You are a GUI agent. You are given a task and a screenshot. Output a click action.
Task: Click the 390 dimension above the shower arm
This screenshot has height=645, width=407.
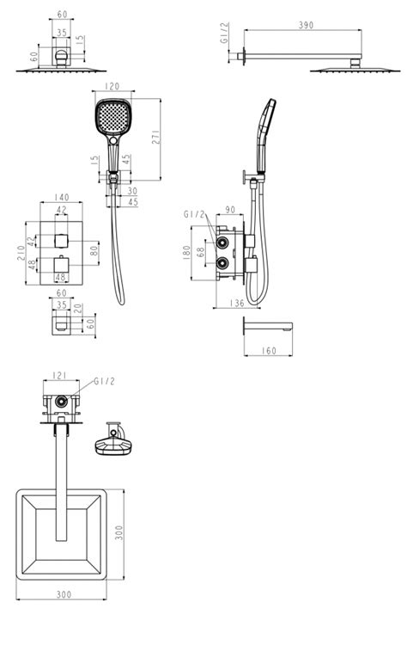[306, 25]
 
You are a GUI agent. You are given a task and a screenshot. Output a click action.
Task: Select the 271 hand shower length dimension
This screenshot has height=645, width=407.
[156, 137]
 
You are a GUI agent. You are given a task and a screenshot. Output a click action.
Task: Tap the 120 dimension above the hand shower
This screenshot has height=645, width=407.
[112, 86]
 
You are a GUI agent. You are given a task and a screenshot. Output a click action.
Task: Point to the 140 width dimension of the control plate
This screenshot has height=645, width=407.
[61, 198]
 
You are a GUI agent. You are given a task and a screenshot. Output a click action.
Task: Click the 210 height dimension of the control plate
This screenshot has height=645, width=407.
[21, 253]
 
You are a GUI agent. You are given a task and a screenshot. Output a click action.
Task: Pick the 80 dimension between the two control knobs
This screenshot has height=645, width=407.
[94, 250]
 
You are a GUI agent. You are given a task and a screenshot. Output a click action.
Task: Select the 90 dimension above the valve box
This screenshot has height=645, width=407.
[230, 210]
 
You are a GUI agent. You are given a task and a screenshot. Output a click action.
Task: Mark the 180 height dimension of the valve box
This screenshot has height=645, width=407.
[186, 252]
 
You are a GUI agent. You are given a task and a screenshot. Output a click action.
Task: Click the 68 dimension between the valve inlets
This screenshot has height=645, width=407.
[200, 252]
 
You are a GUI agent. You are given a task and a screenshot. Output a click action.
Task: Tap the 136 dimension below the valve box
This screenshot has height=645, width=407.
[237, 304]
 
